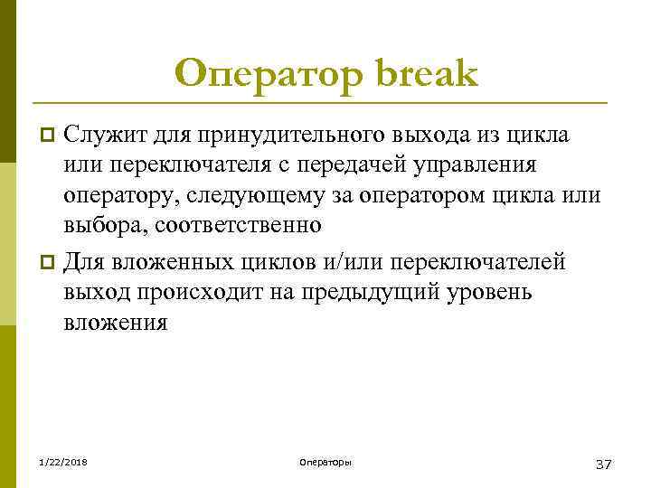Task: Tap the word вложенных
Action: (176, 262)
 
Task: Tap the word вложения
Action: (116, 322)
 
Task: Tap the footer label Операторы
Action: (325, 463)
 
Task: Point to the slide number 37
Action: (604, 464)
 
